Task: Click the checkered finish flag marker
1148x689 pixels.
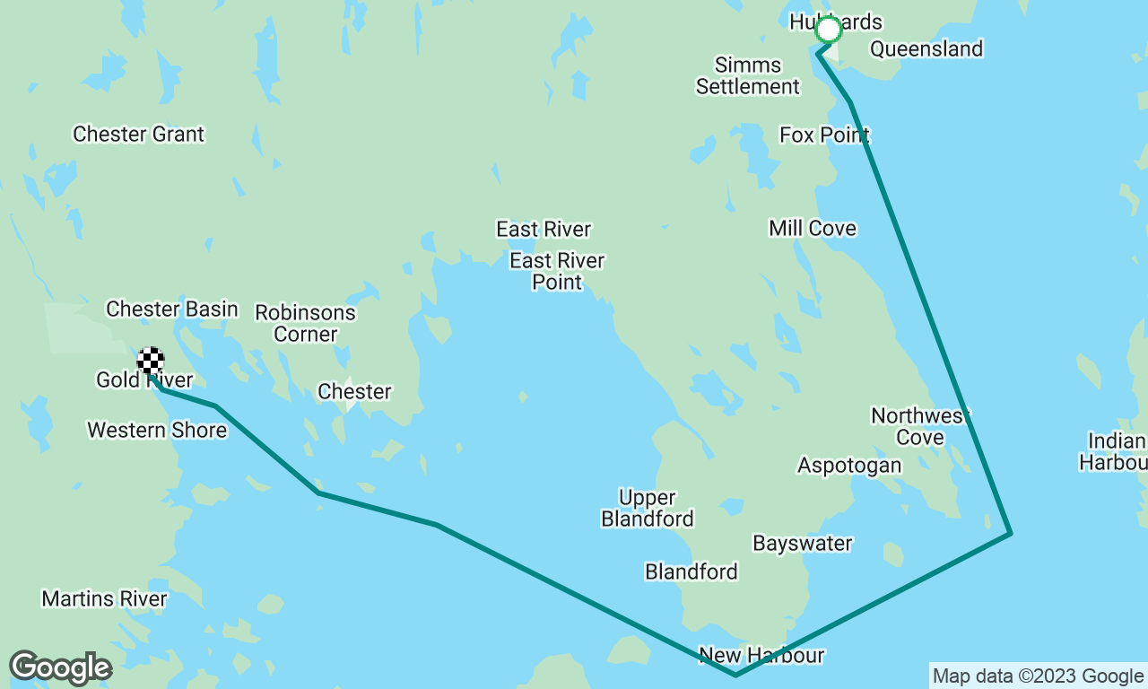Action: click(x=151, y=361)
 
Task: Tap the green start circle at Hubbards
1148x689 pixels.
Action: click(x=829, y=30)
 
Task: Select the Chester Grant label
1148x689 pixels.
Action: click(x=138, y=135)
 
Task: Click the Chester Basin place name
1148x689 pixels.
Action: click(x=172, y=310)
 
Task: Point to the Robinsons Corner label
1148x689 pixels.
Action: click(x=305, y=324)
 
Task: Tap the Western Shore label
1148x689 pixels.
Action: click(x=157, y=431)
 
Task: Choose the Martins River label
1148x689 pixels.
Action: click(x=104, y=598)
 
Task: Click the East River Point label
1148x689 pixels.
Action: click(x=557, y=271)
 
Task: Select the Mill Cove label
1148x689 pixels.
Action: click(x=813, y=229)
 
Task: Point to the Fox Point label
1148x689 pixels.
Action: click(x=824, y=135)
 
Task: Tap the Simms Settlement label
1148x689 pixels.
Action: click(x=748, y=76)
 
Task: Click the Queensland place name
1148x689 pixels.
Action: click(x=926, y=48)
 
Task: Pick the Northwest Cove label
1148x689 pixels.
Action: click(x=921, y=426)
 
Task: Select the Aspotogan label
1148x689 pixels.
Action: click(x=849, y=466)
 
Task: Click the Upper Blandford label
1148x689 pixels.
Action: click(x=647, y=508)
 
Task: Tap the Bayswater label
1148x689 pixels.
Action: click(x=803, y=544)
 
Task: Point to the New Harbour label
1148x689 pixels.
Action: click(x=761, y=656)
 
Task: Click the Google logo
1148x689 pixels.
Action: click(x=60, y=668)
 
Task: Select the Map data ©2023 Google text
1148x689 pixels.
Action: click(x=1038, y=676)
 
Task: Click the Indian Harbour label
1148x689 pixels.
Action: click(x=1116, y=451)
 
